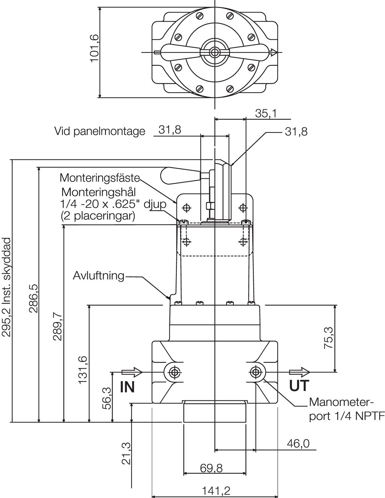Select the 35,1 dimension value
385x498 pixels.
point(266,114)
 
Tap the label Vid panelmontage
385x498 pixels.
point(100,131)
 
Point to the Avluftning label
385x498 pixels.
point(99,276)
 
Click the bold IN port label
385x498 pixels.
point(127,387)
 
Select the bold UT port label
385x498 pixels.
point(299,386)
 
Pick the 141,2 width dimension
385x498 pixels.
point(216,491)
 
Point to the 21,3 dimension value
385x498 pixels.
point(126,453)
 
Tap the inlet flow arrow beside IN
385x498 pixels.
point(132,372)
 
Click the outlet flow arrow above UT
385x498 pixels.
point(300,372)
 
